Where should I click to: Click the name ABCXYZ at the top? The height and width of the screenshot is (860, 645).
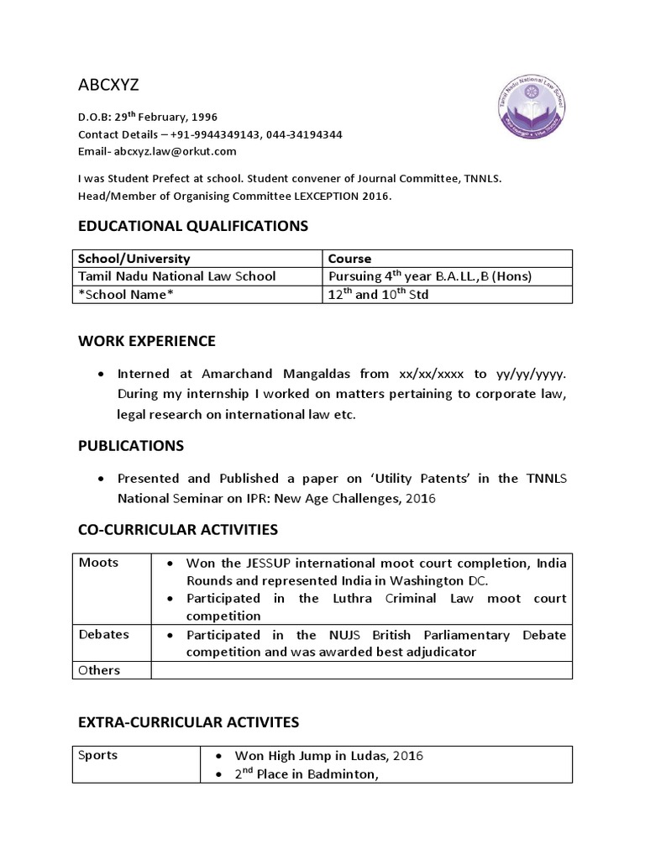coord(108,87)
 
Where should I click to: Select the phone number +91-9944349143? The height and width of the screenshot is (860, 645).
coord(213,134)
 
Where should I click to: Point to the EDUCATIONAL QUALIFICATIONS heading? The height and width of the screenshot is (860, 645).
coord(193,225)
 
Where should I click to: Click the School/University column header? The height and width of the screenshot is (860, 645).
coord(134,259)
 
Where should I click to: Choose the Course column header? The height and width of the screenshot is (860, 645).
coord(349,259)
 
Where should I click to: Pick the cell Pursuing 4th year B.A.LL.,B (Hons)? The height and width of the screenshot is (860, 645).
coord(429,276)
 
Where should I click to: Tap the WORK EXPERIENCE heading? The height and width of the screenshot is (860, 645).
coord(147,340)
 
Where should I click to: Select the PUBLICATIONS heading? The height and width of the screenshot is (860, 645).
coord(131,445)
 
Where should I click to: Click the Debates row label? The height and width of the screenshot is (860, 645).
coord(103,634)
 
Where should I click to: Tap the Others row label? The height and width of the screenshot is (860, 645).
coord(99,670)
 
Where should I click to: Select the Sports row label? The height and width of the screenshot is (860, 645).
coord(97,755)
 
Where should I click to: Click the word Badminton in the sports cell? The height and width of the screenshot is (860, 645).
coord(333,774)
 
